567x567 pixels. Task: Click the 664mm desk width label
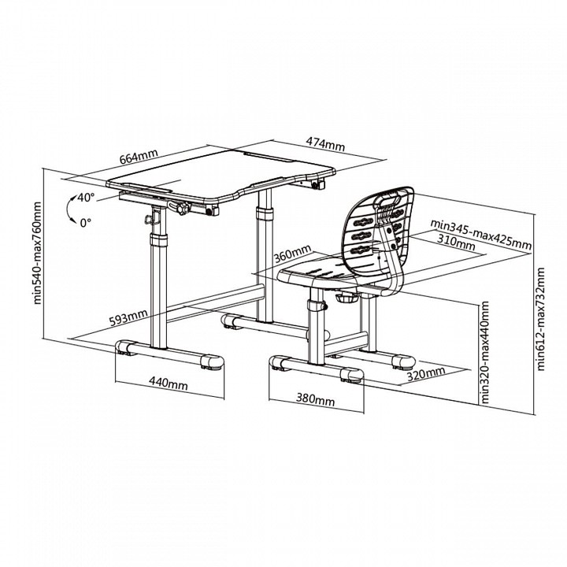[139, 156]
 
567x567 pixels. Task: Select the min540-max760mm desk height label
[37, 253]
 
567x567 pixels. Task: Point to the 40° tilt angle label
[86, 198]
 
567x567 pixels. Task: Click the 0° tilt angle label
[86, 223]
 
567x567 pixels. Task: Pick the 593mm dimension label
[128, 317]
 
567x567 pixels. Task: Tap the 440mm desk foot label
[169, 383]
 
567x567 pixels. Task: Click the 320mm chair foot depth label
[426, 374]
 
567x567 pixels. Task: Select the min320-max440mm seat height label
[485, 353]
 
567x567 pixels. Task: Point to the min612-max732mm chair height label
[540, 319]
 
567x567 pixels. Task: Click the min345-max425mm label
[481, 235]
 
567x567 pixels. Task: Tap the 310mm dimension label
[456, 243]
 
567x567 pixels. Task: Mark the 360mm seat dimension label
[292, 254]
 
